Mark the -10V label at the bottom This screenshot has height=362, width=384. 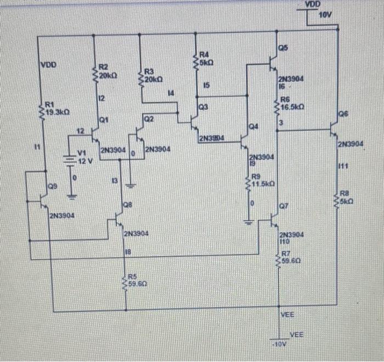[x=279, y=344]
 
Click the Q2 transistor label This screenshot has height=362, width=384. [x=150, y=119]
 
